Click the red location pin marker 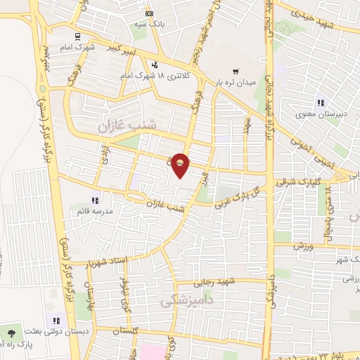180,165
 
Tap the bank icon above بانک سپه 148,13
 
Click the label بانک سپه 149,24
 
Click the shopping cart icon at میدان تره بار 236,71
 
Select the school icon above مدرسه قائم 95,199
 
